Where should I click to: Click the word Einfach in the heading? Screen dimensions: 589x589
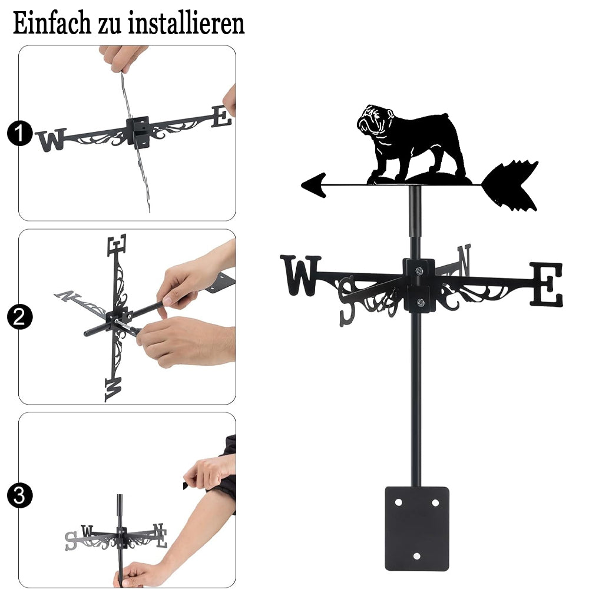click(x=52, y=24)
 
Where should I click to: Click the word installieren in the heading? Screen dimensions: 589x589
click(x=186, y=24)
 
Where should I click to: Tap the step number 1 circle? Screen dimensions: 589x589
click(x=19, y=133)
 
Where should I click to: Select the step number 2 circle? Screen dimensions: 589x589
click(x=19, y=317)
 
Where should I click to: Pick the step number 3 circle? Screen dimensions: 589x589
click(x=19, y=495)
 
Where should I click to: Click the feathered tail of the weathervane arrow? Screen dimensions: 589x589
click(x=510, y=185)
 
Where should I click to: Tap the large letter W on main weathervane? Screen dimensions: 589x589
click(x=300, y=275)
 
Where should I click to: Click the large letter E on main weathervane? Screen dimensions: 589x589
click(x=546, y=284)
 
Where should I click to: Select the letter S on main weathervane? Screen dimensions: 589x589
click(x=347, y=301)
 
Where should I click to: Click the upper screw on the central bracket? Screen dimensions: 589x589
click(x=419, y=270)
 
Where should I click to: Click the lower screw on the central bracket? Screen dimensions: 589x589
click(x=421, y=302)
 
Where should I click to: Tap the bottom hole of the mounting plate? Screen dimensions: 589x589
click(x=416, y=556)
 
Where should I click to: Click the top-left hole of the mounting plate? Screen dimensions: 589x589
click(x=399, y=502)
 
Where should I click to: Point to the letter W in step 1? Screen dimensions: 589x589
click(x=51, y=140)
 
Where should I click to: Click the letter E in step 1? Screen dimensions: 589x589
click(x=221, y=116)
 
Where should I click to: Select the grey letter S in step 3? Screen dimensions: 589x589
click(x=71, y=541)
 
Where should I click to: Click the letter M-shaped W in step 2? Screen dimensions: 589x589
click(x=113, y=389)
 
